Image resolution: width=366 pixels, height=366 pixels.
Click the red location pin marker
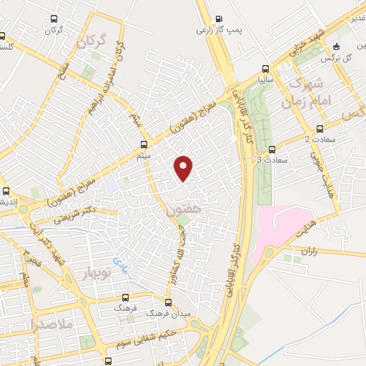click(184, 167)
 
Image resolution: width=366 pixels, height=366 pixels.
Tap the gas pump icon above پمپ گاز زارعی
click(219, 19)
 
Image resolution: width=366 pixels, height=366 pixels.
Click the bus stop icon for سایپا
click(266, 69)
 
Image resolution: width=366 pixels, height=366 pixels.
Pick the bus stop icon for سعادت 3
click(272, 150)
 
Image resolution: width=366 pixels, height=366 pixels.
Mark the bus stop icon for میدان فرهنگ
click(169, 302)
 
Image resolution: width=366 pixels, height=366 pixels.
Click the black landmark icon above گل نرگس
click(346, 46)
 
